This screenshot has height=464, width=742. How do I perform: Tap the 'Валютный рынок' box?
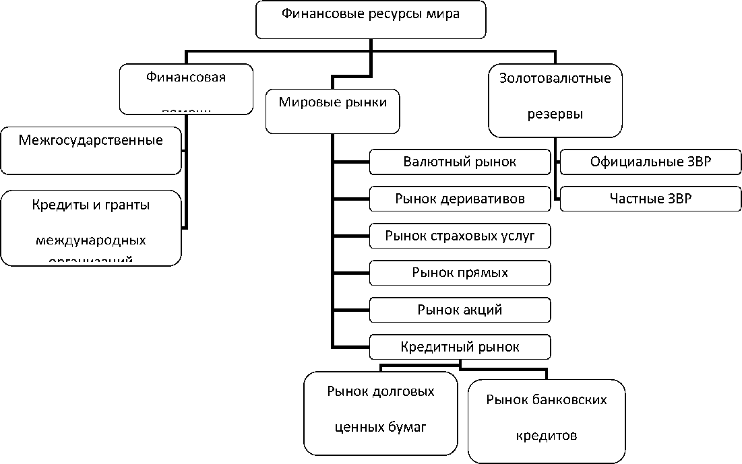(460, 162)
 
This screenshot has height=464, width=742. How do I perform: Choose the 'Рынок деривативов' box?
(460, 199)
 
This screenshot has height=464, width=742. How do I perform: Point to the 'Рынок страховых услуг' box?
(460, 236)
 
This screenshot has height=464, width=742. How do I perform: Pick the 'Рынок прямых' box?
(460, 273)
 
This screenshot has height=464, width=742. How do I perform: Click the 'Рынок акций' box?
(460, 310)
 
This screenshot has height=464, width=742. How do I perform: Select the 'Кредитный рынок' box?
(460, 347)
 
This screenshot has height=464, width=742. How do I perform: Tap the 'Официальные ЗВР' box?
(650, 162)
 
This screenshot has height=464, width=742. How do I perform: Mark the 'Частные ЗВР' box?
(650, 199)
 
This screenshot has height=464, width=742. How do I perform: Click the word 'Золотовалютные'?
(555, 78)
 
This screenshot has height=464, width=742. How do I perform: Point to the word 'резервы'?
(555, 114)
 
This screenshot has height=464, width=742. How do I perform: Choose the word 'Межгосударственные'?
(91, 141)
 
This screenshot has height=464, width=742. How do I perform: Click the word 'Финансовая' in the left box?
(186, 77)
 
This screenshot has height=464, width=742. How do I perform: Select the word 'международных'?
(91, 240)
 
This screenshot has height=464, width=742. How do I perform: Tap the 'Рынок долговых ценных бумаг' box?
(380, 411)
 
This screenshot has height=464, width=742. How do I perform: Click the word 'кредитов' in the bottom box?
(546, 436)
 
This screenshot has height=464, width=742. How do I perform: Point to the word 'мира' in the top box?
(445, 13)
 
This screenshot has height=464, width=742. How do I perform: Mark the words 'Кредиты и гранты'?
(91, 205)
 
